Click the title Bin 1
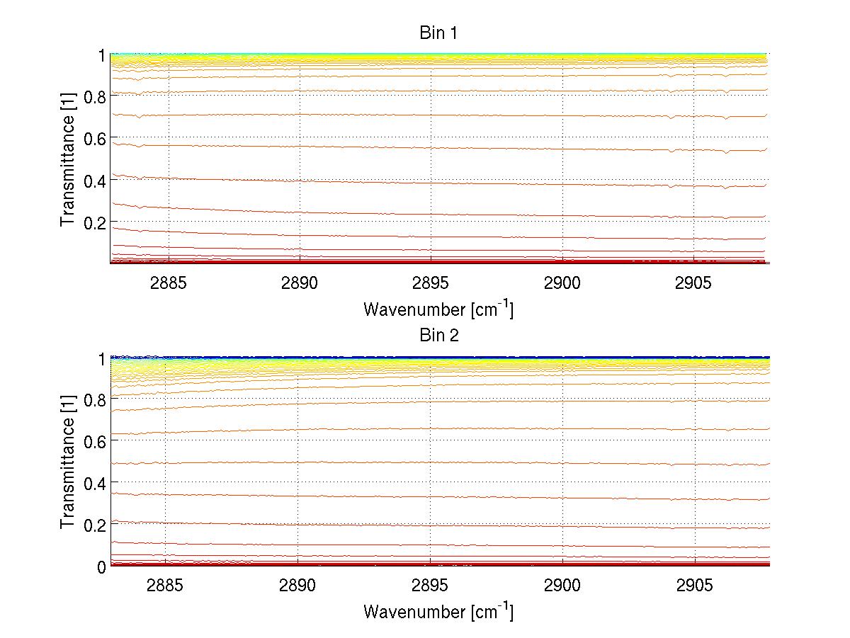point(439,33)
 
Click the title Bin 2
point(439,336)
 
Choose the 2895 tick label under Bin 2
point(430,586)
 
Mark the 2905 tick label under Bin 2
point(695,586)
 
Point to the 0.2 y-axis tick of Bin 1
point(94,222)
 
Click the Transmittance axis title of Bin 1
point(68,159)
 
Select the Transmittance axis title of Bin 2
point(68,462)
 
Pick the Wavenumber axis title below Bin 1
point(438,309)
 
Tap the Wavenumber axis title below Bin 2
point(438,611)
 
